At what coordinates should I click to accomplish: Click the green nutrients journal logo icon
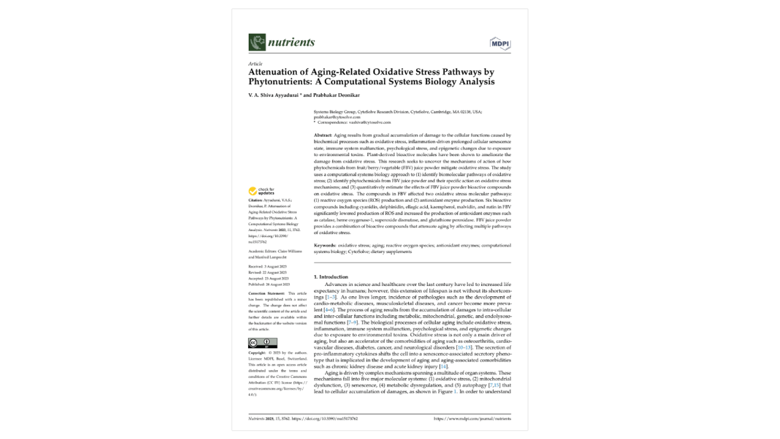pos(257,42)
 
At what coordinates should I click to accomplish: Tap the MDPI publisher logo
pos(500,43)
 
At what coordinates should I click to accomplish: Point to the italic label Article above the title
pos(255,63)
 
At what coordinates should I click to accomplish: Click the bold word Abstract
pos(323,135)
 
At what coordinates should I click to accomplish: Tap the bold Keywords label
pos(325,245)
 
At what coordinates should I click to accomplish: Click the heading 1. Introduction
pos(331,277)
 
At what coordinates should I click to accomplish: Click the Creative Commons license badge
pos(263,343)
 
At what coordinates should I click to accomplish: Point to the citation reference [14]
pos(443,366)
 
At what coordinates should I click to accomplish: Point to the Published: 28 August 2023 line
pos(269,284)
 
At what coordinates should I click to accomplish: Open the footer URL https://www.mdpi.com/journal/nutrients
pos(472,419)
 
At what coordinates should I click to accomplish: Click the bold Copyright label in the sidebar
pos(257,353)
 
